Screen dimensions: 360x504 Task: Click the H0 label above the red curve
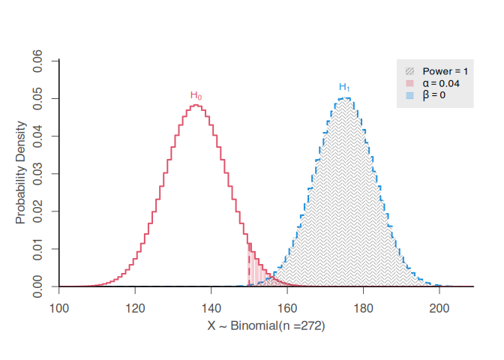[196, 96]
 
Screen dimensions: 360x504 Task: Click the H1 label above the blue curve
[344, 87]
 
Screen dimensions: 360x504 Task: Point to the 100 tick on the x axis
[59, 307]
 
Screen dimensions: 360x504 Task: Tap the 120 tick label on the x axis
[135, 307]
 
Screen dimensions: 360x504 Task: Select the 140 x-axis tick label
[211, 307]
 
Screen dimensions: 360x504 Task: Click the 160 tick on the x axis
[287, 307]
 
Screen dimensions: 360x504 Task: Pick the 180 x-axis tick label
[364, 307]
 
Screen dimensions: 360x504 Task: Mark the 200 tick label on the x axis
[439, 307]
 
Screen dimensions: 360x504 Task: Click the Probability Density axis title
[20, 173]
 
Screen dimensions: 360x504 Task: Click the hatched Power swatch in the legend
[409, 70]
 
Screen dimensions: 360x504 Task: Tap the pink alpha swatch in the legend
[409, 83]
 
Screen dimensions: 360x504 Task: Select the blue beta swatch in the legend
[409, 95]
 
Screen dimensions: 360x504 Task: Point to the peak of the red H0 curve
[196, 105]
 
